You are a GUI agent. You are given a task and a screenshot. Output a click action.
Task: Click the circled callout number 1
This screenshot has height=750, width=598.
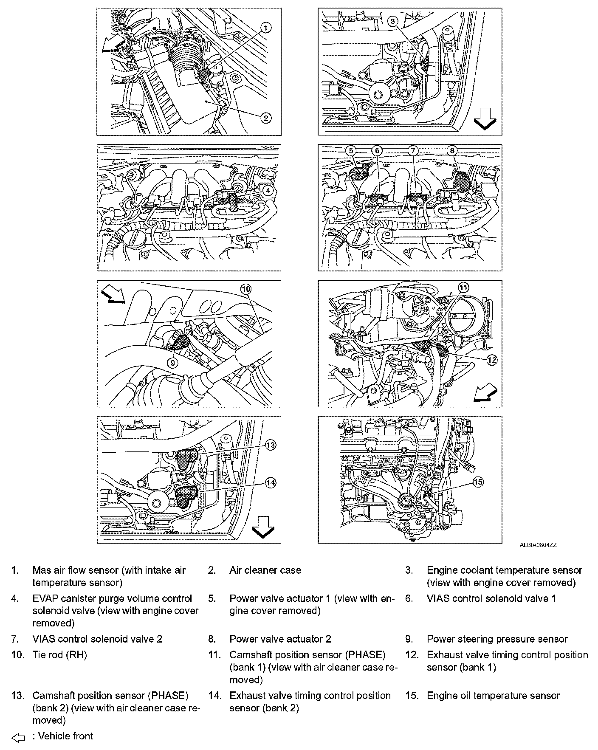pyautogui.click(x=265, y=28)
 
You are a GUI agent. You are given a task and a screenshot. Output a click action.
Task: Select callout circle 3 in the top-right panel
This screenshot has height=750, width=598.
pyautogui.click(x=393, y=21)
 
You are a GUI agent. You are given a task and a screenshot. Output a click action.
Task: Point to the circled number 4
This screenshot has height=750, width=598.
pyautogui.click(x=268, y=191)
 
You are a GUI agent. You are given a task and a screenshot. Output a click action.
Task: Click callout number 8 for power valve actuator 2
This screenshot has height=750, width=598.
pyautogui.click(x=452, y=151)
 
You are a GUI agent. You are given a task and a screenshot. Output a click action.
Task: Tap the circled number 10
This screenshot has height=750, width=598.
pyautogui.click(x=246, y=289)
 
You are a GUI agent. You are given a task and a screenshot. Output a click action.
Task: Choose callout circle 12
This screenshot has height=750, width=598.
pyautogui.click(x=491, y=360)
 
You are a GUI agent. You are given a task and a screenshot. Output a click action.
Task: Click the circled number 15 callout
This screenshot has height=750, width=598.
pyautogui.click(x=478, y=482)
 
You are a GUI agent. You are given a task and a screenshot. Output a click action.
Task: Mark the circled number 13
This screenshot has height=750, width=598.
pyautogui.click(x=271, y=445)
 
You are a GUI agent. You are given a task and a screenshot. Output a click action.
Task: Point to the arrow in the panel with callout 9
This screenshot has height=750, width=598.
pyautogui.click(x=113, y=296)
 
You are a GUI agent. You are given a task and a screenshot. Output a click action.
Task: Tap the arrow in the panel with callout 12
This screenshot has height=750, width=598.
pyautogui.click(x=485, y=392)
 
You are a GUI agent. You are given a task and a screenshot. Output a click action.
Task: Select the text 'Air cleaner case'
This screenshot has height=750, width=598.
pyautogui.click(x=265, y=570)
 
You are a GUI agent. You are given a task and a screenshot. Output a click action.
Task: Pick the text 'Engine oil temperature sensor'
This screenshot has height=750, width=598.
pyautogui.click(x=493, y=696)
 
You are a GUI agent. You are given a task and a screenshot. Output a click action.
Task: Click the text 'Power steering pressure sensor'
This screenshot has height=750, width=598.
pyautogui.click(x=497, y=639)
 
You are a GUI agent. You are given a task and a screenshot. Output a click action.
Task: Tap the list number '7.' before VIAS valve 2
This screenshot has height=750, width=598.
pyautogui.click(x=15, y=639)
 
